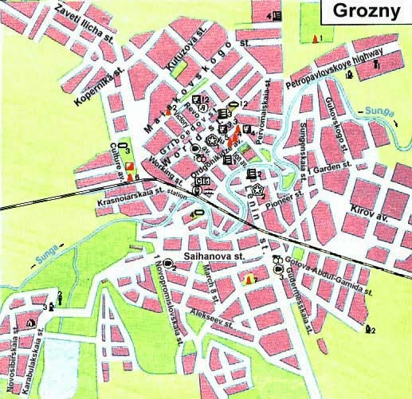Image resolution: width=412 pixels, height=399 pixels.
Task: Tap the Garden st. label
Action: pyautogui.click(x=332, y=169)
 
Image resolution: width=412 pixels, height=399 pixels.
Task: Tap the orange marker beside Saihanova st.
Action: pyautogui.click(x=250, y=279)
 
